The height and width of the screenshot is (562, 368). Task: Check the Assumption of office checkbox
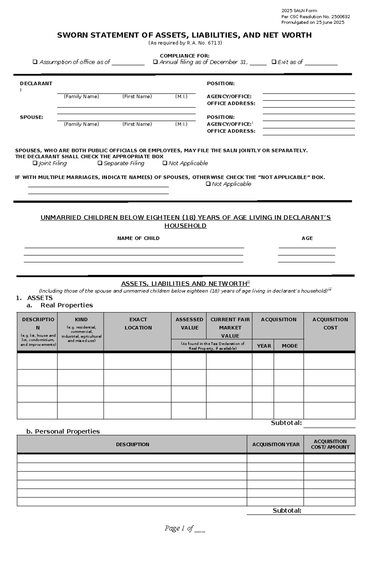(35, 62)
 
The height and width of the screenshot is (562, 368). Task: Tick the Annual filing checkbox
(155, 62)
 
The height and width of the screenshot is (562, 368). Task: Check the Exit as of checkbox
(274, 62)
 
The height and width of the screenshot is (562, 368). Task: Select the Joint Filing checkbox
(35, 163)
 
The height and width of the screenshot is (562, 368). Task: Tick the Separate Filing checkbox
(100, 163)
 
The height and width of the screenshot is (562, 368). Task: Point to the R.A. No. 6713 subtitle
(185, 43)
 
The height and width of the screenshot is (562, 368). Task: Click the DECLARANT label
(36, 83)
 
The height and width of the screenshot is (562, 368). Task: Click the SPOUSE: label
(32, 117)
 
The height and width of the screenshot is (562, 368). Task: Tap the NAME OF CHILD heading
(138, 238)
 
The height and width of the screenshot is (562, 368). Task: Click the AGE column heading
(307, 238)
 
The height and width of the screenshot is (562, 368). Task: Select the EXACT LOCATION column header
(138, 323)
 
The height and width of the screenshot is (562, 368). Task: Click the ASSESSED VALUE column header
(189, 323)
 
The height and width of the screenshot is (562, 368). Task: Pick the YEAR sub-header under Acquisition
(264, 346)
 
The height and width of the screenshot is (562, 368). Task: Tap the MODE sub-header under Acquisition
(289, 346)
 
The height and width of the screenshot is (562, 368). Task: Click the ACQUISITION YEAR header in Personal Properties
(276, 444)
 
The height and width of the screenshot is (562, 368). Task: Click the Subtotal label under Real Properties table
(286, 423)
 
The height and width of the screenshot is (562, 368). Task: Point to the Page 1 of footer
(185, 528)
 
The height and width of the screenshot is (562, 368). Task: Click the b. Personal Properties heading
(63, 431)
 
